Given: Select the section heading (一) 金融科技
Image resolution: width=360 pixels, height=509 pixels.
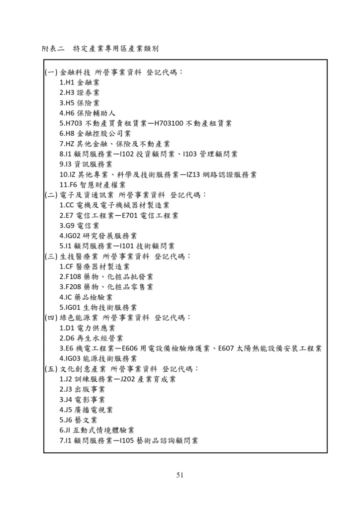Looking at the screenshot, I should pyautogui.click(x=67, y=73).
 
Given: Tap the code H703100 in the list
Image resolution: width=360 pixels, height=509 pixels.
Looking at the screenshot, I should pyautogui.click(x=170, y=123).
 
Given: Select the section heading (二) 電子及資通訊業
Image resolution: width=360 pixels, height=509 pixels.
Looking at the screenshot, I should pyautogui.click(x=79, y=195).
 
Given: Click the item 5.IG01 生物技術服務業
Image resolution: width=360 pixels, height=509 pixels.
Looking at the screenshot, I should pyautogui.click(x=98, y=307).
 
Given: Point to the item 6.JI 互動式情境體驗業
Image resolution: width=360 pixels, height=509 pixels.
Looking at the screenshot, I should pyautogui.click(x=96, y=430).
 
